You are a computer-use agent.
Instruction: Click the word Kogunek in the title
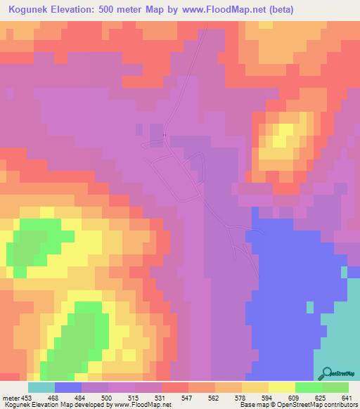(32, 10)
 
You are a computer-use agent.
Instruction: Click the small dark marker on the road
(165, 135)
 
